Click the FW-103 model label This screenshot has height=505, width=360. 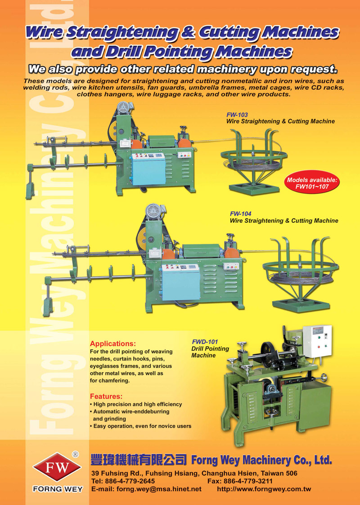[x=237, y=115]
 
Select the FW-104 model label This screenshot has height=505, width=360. [x=241, y=214]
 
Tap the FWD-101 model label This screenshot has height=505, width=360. [x=205, y=342]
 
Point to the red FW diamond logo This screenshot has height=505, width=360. [x=57, y=467]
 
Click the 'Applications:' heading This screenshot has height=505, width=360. [x=112, y=343]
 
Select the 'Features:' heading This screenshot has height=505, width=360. [x=106, y=396]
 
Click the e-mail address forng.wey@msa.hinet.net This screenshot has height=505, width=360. [x=159, y=489]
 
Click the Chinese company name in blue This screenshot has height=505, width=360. [x=139, y=460]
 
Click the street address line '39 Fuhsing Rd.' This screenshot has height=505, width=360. [x=194, y=473]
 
